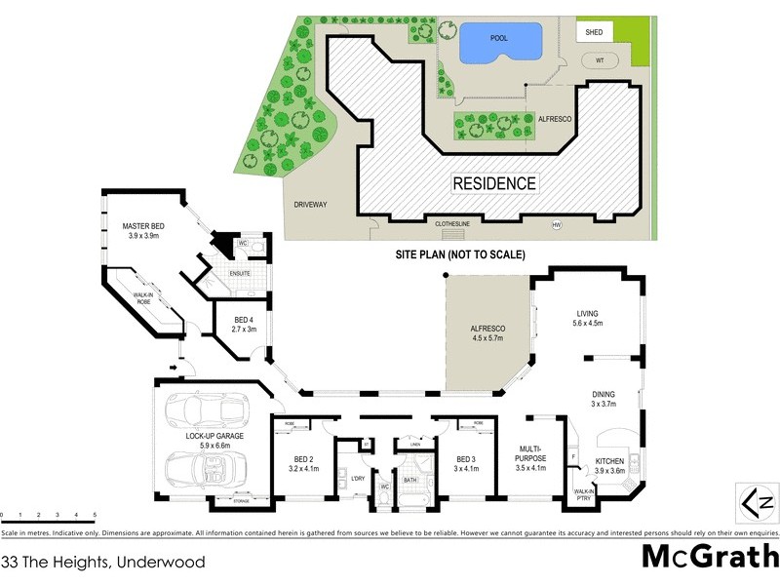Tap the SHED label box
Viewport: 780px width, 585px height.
point(594,32)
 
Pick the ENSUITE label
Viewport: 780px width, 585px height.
point(241,273)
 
